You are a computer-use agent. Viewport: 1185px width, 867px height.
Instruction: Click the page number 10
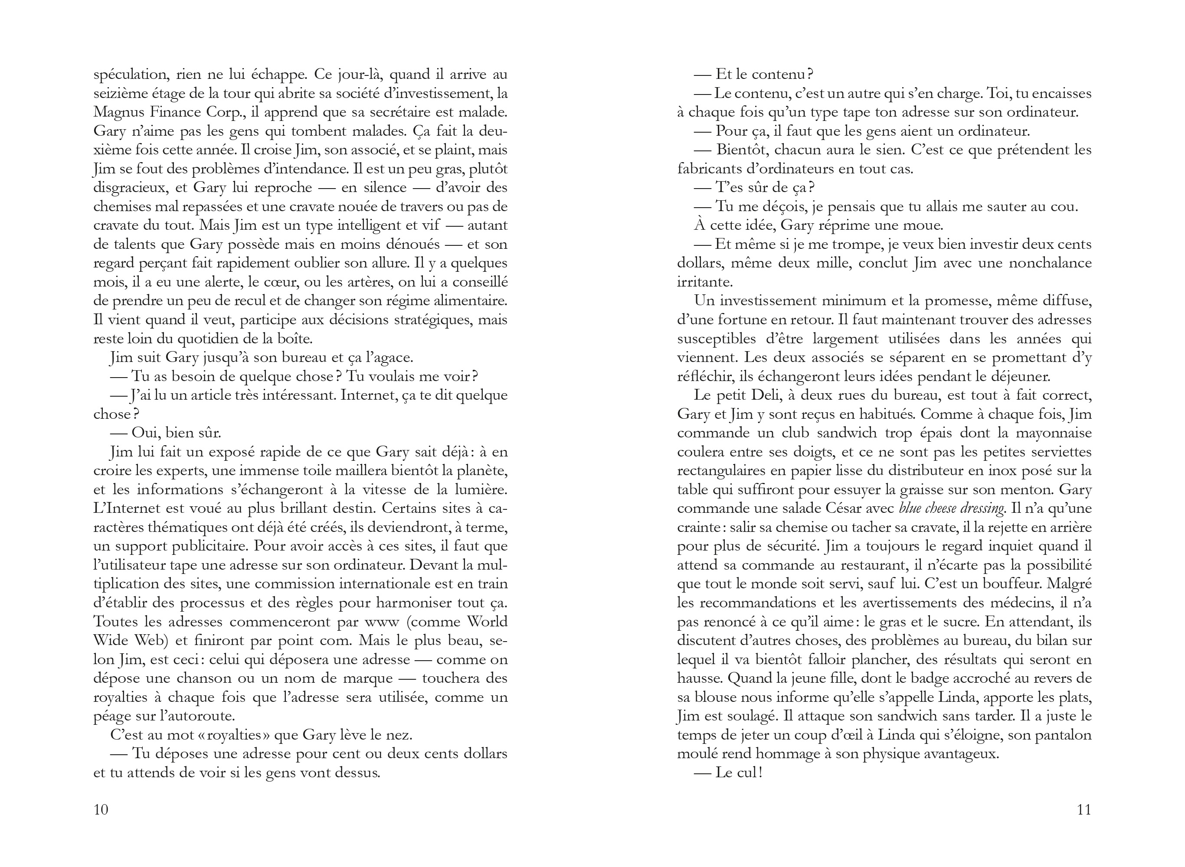point(101,809)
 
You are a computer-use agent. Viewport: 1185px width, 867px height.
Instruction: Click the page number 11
point(1084,809)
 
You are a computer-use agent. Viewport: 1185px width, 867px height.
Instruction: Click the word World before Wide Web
point(487,622)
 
